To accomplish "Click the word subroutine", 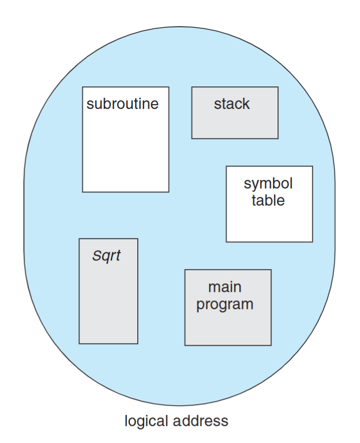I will click(x=122, y=103).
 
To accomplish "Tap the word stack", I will click(x=232, y=103).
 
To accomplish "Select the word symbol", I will click(x=268, y=184).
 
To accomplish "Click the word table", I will click(x=268, y=201).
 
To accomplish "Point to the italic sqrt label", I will click(x=106, y=256).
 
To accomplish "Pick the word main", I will click(x=225, y=287).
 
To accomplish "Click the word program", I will click(x=225, y=305).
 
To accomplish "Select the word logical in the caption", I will click(x=146, y=421).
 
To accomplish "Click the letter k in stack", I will click(x=246, y=103).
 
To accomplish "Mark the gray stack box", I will click(x=235, y=125).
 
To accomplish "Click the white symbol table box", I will click(x=269, y=224).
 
